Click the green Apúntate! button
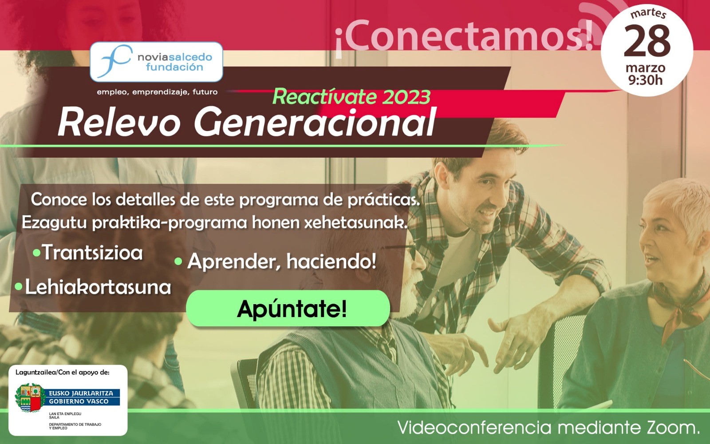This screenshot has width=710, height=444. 288,308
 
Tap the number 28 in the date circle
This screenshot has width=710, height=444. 647,41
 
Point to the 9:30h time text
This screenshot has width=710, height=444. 645,80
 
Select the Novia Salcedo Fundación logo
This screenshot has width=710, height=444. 156,62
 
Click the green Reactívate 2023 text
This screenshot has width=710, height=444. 351,97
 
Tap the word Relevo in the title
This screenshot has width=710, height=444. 119,123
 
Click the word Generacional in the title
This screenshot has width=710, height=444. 315,123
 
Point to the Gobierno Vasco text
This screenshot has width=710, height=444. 79,401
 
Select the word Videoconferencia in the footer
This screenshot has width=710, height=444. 474,428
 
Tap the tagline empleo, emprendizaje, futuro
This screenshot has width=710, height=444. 157,92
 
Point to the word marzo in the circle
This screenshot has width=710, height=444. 645,67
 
